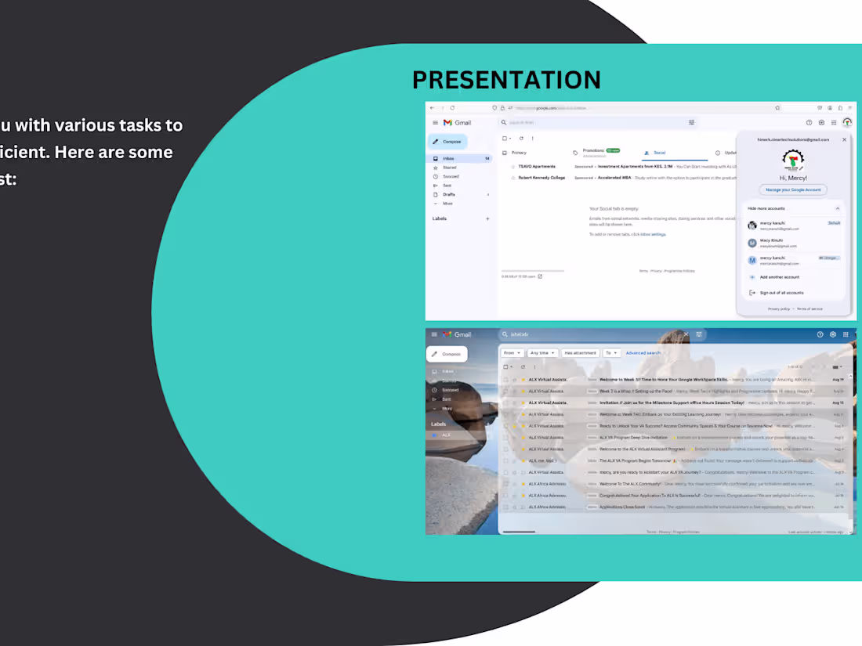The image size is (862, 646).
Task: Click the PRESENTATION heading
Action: pyautogui.click(x=506, y=80)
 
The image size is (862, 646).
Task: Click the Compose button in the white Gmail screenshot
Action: pyautogui.click(x=448, y=142)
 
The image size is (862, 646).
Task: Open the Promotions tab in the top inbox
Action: pyautogui.click(x=594, y=150)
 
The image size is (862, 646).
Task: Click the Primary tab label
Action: pyautogui.click(x=519, y=153)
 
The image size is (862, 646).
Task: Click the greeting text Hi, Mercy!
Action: pyautogui.click(x=793, y=178)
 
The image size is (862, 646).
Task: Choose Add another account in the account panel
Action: pyautogui.click(x=779, y=277)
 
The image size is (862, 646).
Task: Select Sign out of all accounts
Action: pyautogui.click(x=781, y=293)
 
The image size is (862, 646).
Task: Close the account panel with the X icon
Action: pyautogui.click(x=844, y=139)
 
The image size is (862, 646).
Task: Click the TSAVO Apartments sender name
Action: pyautogui.click(x=537, y=167)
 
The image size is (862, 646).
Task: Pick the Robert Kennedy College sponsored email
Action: pyautogui.click(x=541, y=178)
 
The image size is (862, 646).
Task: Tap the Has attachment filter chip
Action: pyautogui.click(x=580, y=353)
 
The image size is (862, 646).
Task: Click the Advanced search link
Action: pyautogui.click(x=643, y=353)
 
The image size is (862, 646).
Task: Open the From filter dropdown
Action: pyautogui.click(x=512, y=353)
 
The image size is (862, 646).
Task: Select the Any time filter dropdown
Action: pyautogui.click(x=541, y=353)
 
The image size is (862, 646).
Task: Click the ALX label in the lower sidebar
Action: pyautogui.click(x=446, y=435)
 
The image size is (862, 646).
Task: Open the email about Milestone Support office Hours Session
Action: pyautogui.click(x=666, y=402)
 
